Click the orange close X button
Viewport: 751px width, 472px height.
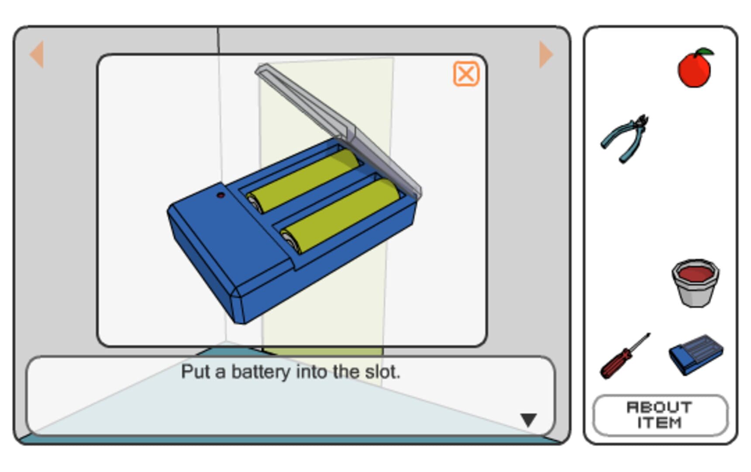(x=466, y=74)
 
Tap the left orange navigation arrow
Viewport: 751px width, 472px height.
(x=37, y=54)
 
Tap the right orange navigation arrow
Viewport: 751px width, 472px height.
(x=546, y=54)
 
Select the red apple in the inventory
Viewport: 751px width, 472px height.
(x=695, y=68)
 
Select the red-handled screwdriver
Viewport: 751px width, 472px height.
(x=624, y=356)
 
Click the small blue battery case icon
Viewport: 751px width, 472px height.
(x=696, y=354)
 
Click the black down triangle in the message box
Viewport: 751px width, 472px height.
(x=528, y=420)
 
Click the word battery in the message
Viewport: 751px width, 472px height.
(x=261, y=372)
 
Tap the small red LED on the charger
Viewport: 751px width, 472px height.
(x=221, y=195)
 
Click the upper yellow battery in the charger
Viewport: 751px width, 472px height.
(x=303, y=180)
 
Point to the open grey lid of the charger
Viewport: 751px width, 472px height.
(x=338, y=131)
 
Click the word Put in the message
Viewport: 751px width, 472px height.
(x=196, y=371)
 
